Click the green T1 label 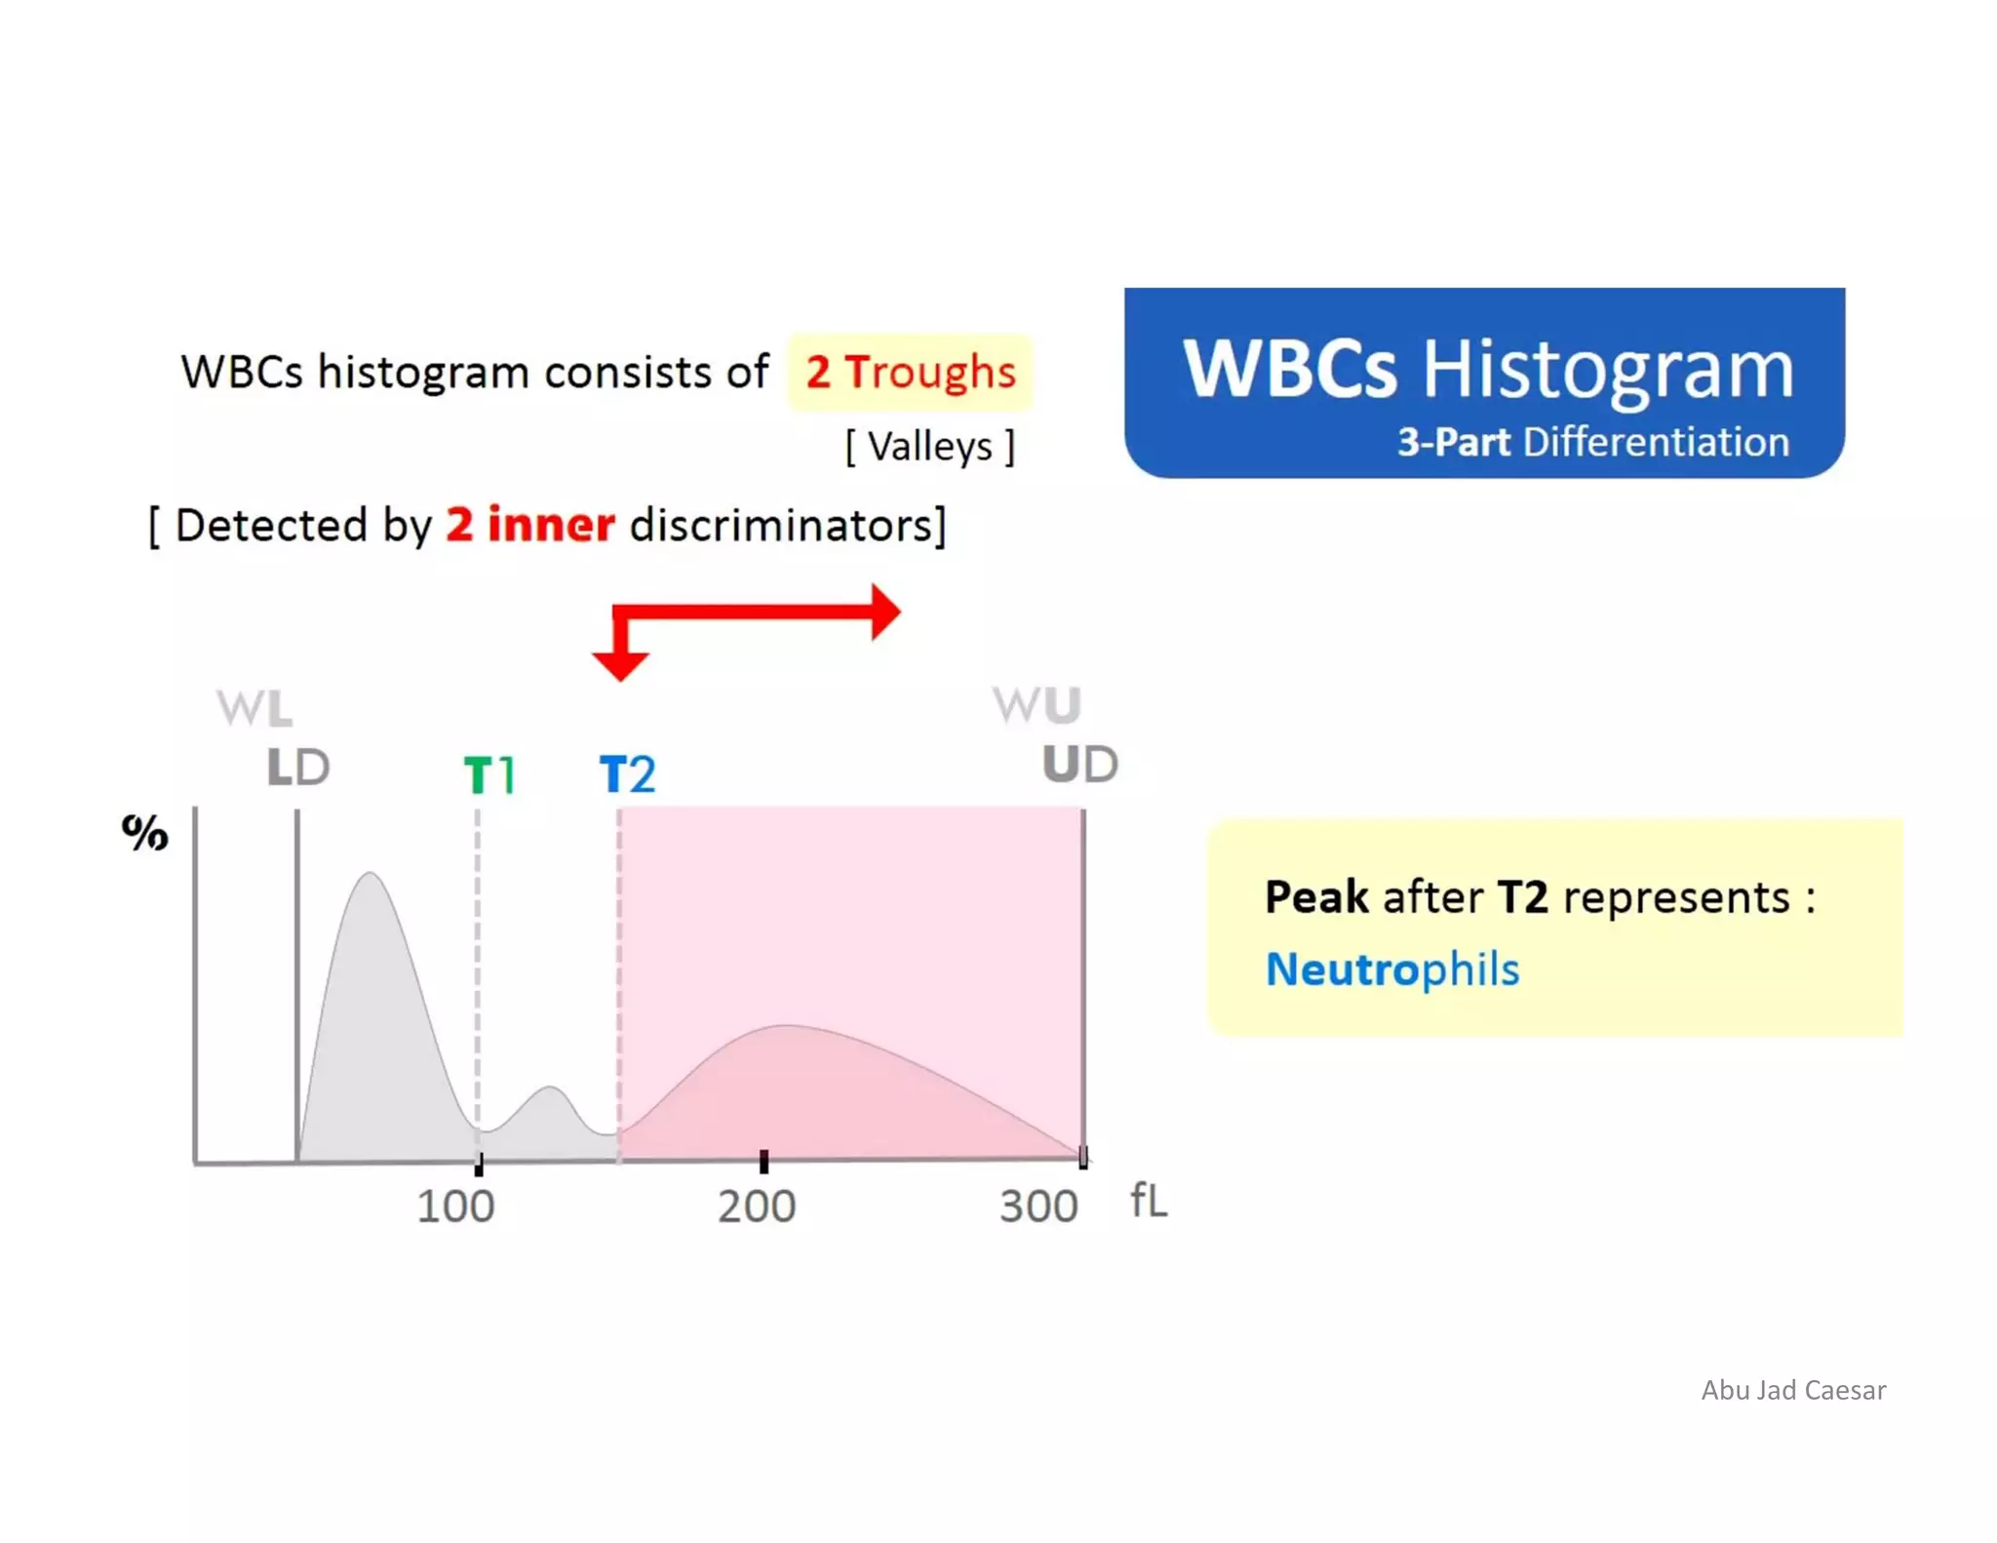click(489, 775)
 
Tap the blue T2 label click(627, 774)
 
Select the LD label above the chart click(298, 768)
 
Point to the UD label click(1079, 764)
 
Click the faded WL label click(255, 708)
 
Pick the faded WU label click(1037, 704)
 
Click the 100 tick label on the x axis click(455, 1207)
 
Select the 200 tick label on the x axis click(757, 1207)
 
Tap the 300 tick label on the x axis click(1038, 1207)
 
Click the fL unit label click(1149, 1201)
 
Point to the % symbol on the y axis click(144, 833)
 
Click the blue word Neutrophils click(1391, 969)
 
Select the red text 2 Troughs click(910, 372)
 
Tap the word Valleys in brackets click(930, 447)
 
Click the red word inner click(551, 525)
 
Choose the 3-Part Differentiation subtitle click(1592, 442)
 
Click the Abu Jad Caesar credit click(1793, 1390)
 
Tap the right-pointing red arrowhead click(883, 613)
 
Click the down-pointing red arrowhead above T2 click(620, 665)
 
